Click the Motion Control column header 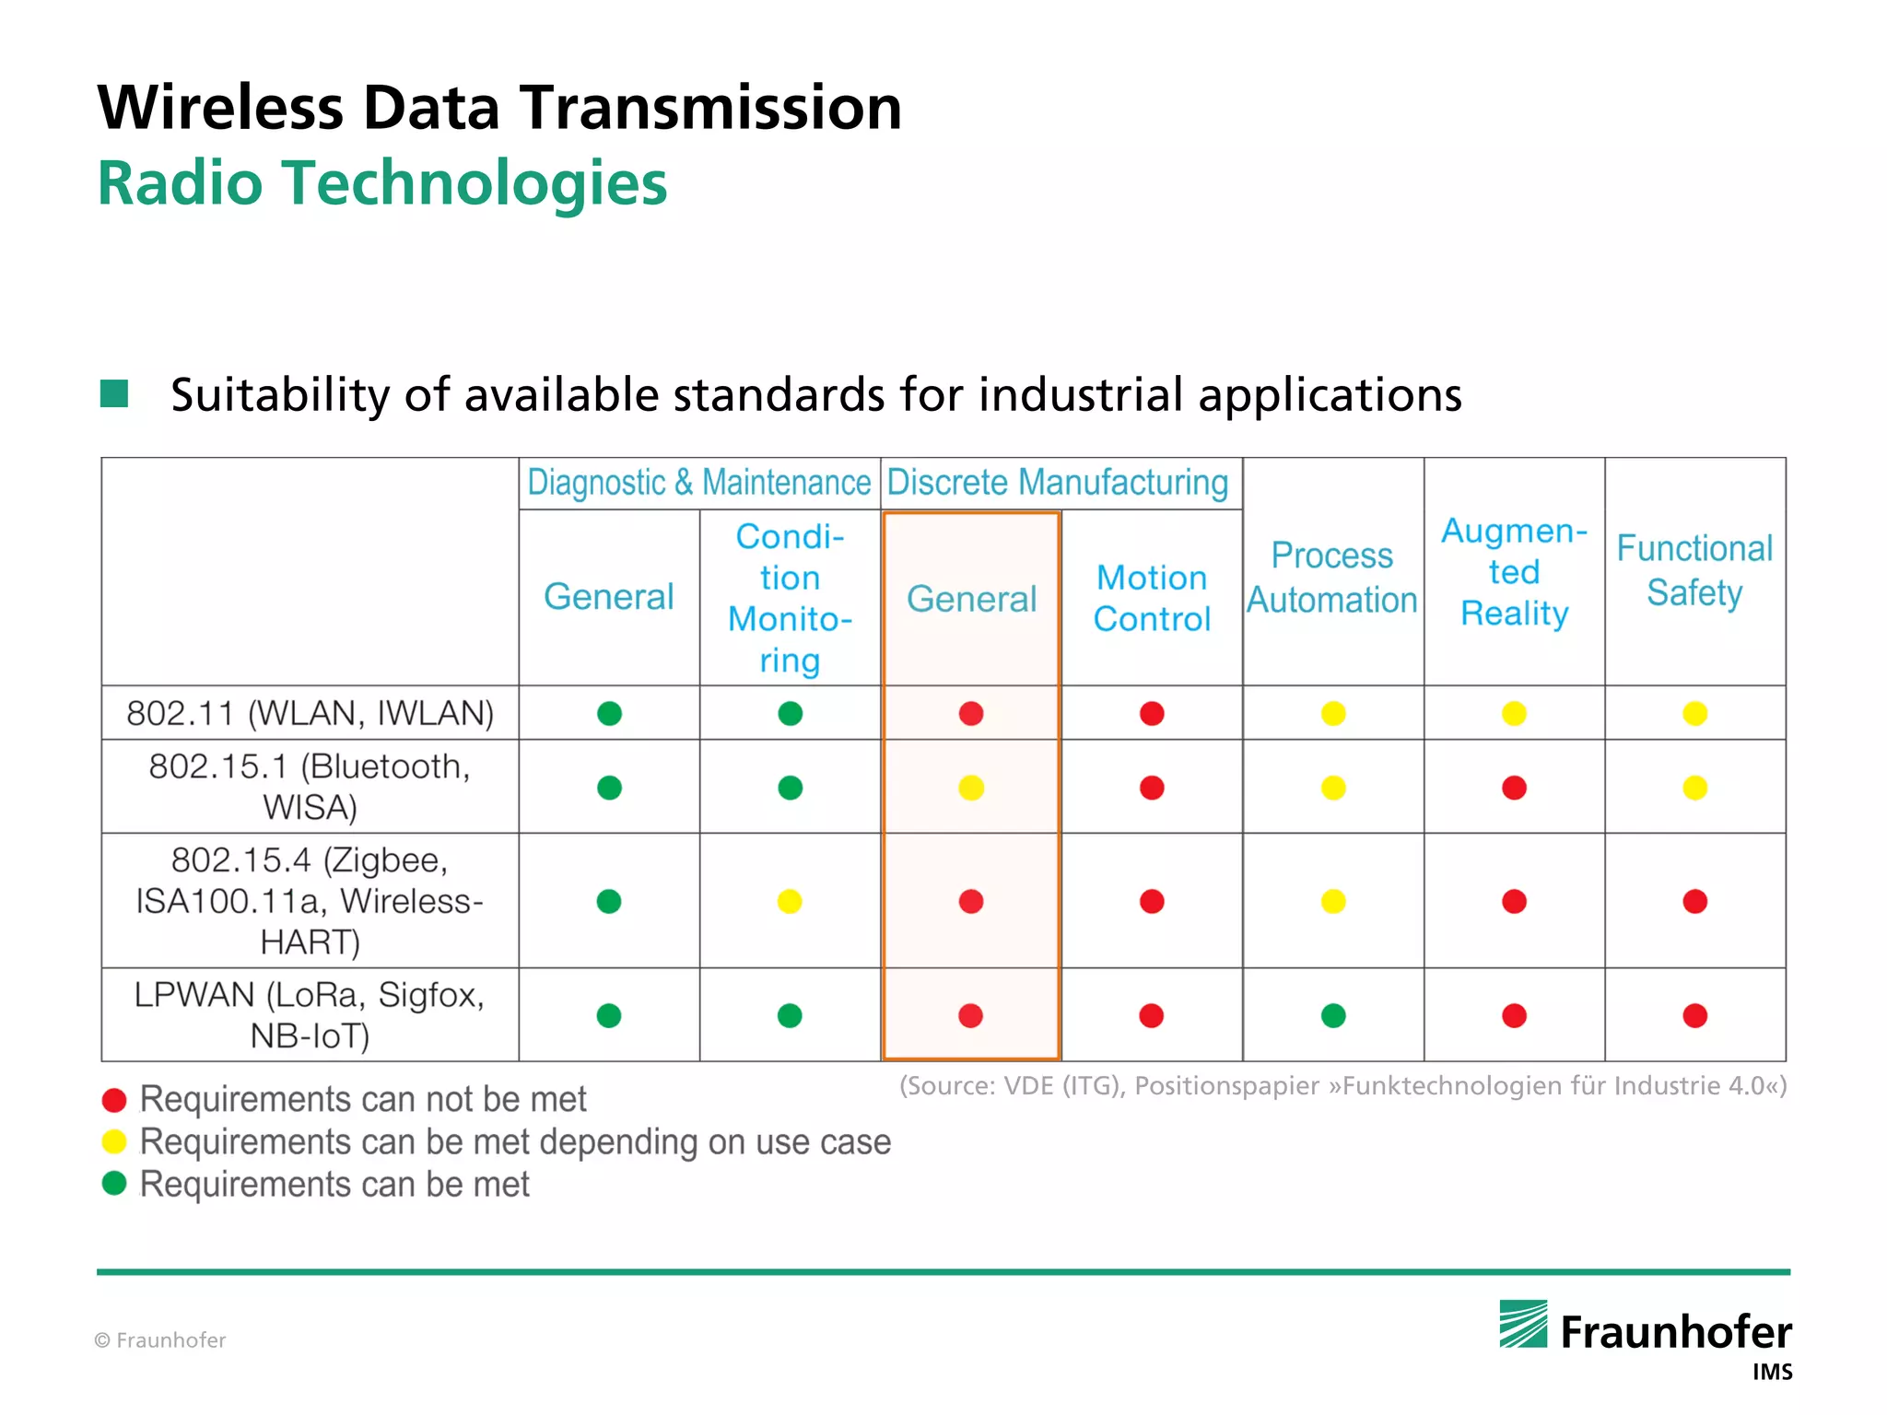click(1152, 598)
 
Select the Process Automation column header click(1332, 578)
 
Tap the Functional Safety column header click(1694, 570)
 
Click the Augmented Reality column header click(1514, 572)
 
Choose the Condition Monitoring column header click(790, 598)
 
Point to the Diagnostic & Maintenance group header click(698, 483)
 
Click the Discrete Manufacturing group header click(1058, 483)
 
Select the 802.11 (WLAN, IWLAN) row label click(310, 713)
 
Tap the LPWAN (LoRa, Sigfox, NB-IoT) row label click(310, 1015)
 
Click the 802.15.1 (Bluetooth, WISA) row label click(310, 787)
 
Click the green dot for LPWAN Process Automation click(1333, 1015)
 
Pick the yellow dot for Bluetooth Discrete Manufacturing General click(971, 788)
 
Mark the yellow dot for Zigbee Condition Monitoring click(790, 901)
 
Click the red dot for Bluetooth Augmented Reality click(1514, 788)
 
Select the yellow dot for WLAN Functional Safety click(1694, 713)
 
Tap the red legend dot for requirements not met click(114, 1100)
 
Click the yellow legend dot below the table click(114, 1142)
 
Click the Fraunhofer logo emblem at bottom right click(1523, 1325)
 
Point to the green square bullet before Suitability click(114, 394)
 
